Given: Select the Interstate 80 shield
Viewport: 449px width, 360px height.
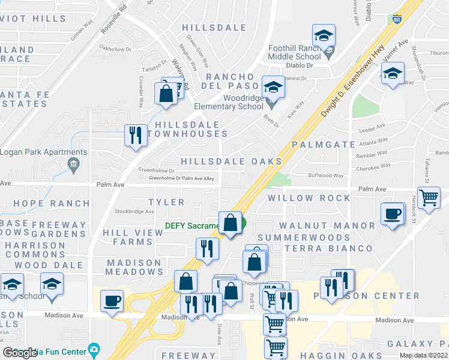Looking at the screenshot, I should pyautogui.click(x=397, y=19).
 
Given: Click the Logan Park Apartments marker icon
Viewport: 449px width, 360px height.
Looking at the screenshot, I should pyautogui.click(x=74, y=164).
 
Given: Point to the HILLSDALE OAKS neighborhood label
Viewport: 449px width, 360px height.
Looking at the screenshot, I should pyautogui.click(x=231, y=161).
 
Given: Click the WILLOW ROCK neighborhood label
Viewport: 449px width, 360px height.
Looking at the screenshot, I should pyautogui.click(x=309, y=198).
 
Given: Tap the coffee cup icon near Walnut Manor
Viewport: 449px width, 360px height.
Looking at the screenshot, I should pyautogui.click(x=393, y=214).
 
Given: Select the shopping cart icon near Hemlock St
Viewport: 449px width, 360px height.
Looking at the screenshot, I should pyautogui.click(x=429, y=197).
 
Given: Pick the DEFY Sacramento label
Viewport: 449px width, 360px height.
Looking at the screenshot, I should pyautogui.click(x=192, y=226).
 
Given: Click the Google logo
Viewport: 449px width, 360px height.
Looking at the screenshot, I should pyautogui.click(x=20, y=352).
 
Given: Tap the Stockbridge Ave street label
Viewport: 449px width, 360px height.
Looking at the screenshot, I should pyautogui.click(x=134, y=211).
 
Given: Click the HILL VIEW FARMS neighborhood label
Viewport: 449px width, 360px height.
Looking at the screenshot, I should pyautogui.click(x=127, y=237).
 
